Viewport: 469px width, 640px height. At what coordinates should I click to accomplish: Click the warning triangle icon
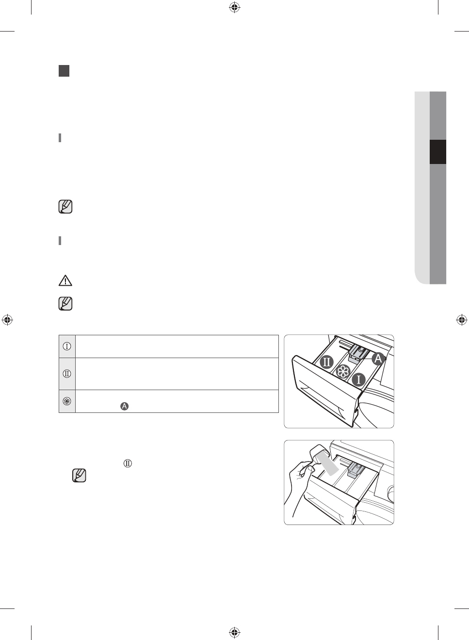coord(65,280)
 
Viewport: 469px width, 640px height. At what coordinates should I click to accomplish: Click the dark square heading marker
coord(64,71)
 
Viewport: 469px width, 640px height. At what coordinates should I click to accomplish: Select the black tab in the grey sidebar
coord(438,152)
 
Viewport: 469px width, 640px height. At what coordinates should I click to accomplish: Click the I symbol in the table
coord(67,346)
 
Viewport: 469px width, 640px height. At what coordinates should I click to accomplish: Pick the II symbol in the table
coord(67,374)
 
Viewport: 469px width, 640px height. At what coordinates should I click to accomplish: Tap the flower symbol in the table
coord(67,401)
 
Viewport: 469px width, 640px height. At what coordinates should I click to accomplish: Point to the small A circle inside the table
coord(125,406)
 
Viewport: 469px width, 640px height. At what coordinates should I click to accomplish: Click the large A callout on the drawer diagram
coord(378,359)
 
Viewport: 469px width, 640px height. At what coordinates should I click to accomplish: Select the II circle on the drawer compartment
coord(326,362)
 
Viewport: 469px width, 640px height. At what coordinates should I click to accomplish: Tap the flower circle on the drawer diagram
coord(343,372)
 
